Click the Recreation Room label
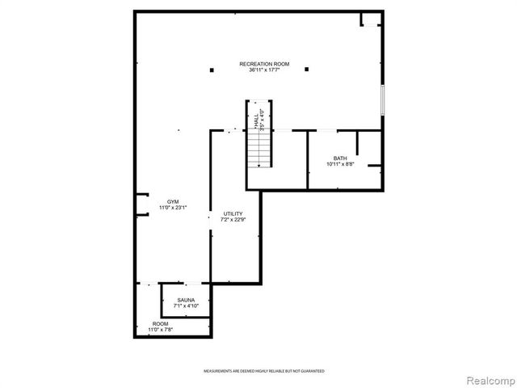(264, 64)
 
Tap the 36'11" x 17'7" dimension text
(264, 70)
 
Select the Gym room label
(173, 201)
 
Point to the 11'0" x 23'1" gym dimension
(173, 208)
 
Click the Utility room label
(233, 213)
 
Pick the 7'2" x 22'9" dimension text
(233, 220)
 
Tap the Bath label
(340, 158)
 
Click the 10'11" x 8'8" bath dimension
(340, 164)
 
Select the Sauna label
(186, 301)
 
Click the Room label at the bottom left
(160, 323)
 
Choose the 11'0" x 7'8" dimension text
(160, 330)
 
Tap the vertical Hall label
(256, 120)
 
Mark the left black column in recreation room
(212, 70)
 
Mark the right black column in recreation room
(306, 70)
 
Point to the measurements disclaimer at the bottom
(263, 371)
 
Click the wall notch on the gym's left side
(141, 205)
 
